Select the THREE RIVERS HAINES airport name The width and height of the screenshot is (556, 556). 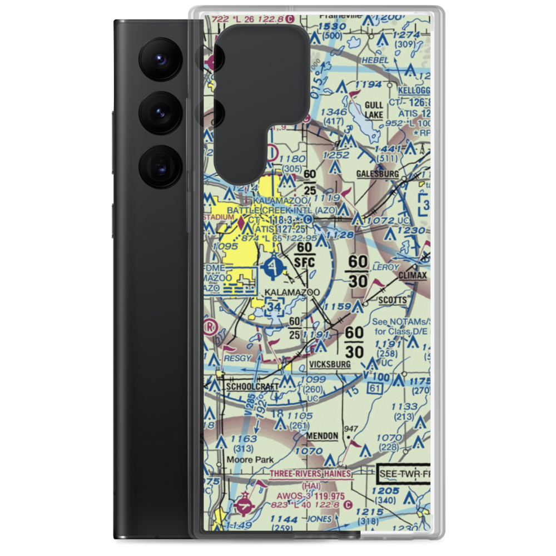pyautogui.click(x=310, y=474)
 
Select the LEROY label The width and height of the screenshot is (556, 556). pyautogui.click(x=387, y=267)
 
